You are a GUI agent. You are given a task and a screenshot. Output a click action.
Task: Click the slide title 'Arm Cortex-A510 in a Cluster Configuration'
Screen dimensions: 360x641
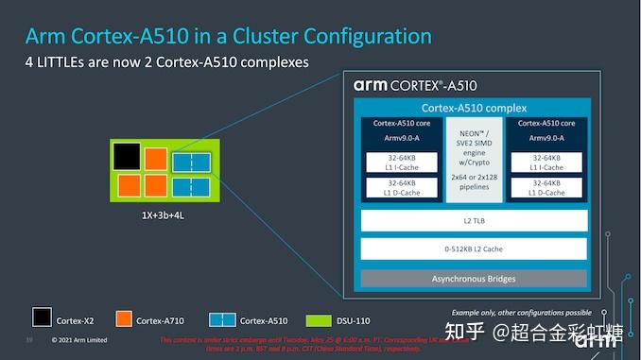click(228, 36)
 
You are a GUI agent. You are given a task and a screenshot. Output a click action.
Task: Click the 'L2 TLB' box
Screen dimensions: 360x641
click(474, 220)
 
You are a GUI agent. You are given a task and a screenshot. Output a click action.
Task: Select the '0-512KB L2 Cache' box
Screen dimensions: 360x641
click(474, 249)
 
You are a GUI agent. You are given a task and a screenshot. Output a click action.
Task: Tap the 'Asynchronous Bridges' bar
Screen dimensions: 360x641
click(474, 279)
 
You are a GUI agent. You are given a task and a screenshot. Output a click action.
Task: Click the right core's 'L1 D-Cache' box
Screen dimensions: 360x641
click(547, 187)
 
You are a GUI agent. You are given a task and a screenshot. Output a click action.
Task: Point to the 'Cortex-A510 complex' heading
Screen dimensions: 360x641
click(474, 108)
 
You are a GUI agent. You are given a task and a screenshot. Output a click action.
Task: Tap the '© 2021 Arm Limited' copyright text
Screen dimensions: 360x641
click(79, 340)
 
